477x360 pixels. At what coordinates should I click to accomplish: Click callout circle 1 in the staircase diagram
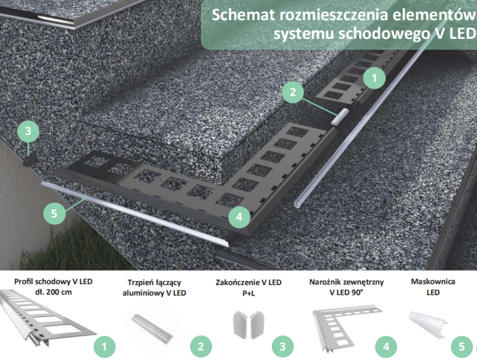tap(373, 78)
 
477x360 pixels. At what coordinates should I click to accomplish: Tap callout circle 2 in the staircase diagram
tap(292, 92)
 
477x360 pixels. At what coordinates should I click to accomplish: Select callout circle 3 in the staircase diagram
tap(27, 130)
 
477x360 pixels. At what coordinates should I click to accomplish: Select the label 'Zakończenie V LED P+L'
tap(248, 286)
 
